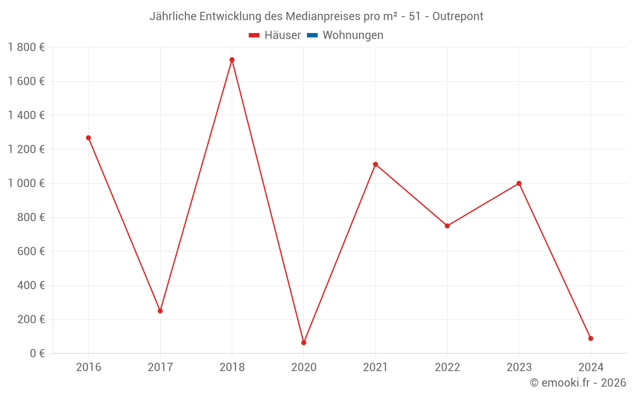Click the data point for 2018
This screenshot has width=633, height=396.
pos(232,60)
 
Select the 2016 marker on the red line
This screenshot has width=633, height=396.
pos(89,137)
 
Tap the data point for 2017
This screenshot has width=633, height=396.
pos(160,310)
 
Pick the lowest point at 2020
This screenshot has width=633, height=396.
pos(304,343)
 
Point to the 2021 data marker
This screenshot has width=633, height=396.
pos(375,164)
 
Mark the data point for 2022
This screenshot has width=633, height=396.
pos(447,226)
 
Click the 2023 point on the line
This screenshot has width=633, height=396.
pos(519,183)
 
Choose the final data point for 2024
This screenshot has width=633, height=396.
pos(591,338)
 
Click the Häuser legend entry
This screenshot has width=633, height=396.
pos(275,35)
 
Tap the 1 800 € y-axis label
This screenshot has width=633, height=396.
pos(27,48)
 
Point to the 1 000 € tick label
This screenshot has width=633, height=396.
pos(27,183)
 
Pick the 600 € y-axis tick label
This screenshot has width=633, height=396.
pos(31,251)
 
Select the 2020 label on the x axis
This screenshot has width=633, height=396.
pos(304,367)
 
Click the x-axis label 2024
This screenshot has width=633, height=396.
pos(591,367)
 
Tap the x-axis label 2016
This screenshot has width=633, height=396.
pos(89,367)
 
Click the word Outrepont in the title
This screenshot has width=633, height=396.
pos(458,16)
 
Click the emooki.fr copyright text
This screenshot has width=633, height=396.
pos(578,383)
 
